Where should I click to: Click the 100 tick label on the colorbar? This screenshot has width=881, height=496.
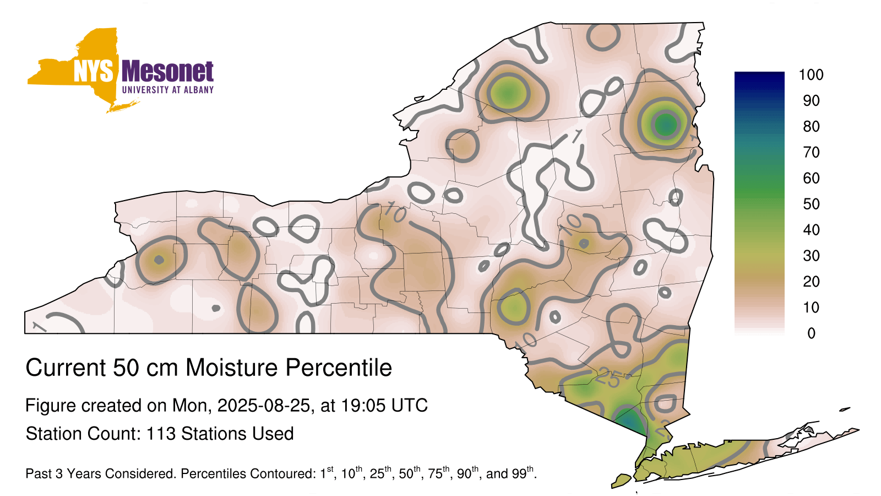click(811, 75)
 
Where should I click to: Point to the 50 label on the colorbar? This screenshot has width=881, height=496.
click(811, 204)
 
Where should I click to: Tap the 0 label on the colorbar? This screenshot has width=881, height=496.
click(811, 333)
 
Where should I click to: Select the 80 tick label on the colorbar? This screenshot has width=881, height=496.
click(811, 126)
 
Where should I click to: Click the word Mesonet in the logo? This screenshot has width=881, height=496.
click(167, 72)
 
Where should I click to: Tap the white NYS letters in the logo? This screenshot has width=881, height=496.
click(93, 72)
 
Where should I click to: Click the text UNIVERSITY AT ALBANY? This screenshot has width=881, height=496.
click(168, 90)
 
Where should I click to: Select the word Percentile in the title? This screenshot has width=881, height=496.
click(339, 368)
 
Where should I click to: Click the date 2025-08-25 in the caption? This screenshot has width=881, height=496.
click(264, 406)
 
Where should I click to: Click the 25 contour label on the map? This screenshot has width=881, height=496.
click(608, 378)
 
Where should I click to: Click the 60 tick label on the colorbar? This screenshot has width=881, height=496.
click(811, 179)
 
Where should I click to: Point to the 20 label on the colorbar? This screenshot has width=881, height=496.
click(811, 282)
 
